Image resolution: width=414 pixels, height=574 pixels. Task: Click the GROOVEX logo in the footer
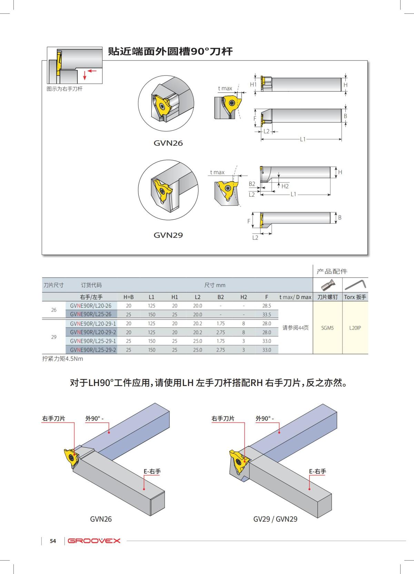click(x=94, y=541)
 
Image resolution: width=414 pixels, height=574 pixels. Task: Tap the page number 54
click(x=53, y=541)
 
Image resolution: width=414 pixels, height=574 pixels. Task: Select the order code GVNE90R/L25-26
click(x=91, y=314)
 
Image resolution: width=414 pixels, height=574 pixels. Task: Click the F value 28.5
click(x=267, y=306)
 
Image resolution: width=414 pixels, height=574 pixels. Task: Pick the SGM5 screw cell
click(x=327, y=328)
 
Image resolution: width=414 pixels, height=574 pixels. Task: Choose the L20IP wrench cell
click(x=355, y=328)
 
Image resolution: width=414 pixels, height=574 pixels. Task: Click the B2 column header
click(x=220, y=297)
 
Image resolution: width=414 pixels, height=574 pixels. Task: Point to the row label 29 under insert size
click(x=54, y=337)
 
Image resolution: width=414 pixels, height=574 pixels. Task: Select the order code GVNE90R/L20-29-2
click(x=93, y=332)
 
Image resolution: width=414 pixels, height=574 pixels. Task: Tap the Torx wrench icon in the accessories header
click(x=355, y=285)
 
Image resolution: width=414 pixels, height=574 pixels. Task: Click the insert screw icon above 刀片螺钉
click(x=327, y=285)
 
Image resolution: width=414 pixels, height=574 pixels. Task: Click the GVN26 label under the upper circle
click(x=168, y=143)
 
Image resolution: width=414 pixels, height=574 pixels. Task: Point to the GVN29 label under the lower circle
click(x=168, y=235)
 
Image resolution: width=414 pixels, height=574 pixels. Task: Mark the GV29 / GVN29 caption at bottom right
click(x=275, y=519)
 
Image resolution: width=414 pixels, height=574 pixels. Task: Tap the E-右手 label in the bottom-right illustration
click(x=317, y=471)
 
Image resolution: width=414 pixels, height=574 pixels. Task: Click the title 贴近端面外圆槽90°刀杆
click(x=170, y=52)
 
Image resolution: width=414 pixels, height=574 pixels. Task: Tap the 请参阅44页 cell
click(x=295, y=328)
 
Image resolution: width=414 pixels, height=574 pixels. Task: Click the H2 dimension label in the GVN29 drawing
click(x=285, y=186)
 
